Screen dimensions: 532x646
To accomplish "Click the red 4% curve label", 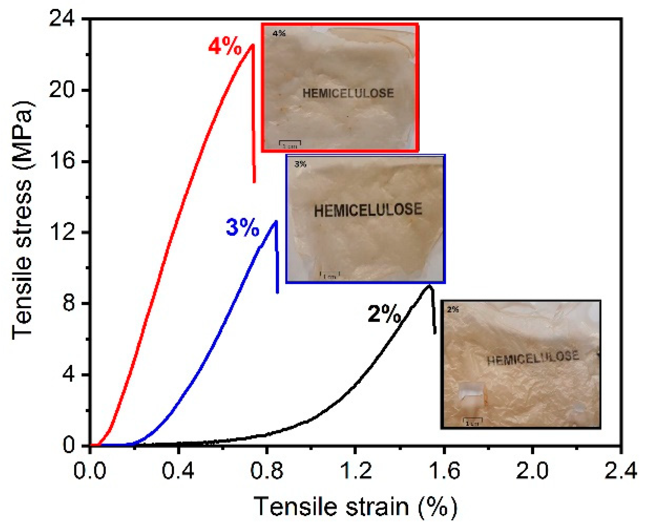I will coord(225,47).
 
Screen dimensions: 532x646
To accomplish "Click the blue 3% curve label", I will coord(242,228).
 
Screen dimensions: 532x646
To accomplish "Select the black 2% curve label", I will coord(384,314).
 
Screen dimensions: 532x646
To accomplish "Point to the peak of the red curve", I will coord(253,45).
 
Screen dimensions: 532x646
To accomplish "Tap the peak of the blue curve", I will coord(275,222).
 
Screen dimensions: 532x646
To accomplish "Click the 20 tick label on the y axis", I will coord(62,90).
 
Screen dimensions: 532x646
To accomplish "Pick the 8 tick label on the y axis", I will coord(69,303).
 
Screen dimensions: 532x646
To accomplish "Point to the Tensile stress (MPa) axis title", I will coord(22,221).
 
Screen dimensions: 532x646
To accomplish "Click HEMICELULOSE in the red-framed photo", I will coord(348,93).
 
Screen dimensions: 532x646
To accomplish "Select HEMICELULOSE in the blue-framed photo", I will coord(368,210).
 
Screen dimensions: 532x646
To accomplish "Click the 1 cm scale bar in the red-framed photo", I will coord(290,144).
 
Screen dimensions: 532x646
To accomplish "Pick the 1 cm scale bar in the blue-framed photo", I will coord(330,275).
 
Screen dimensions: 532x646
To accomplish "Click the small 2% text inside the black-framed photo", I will coord(452,309).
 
